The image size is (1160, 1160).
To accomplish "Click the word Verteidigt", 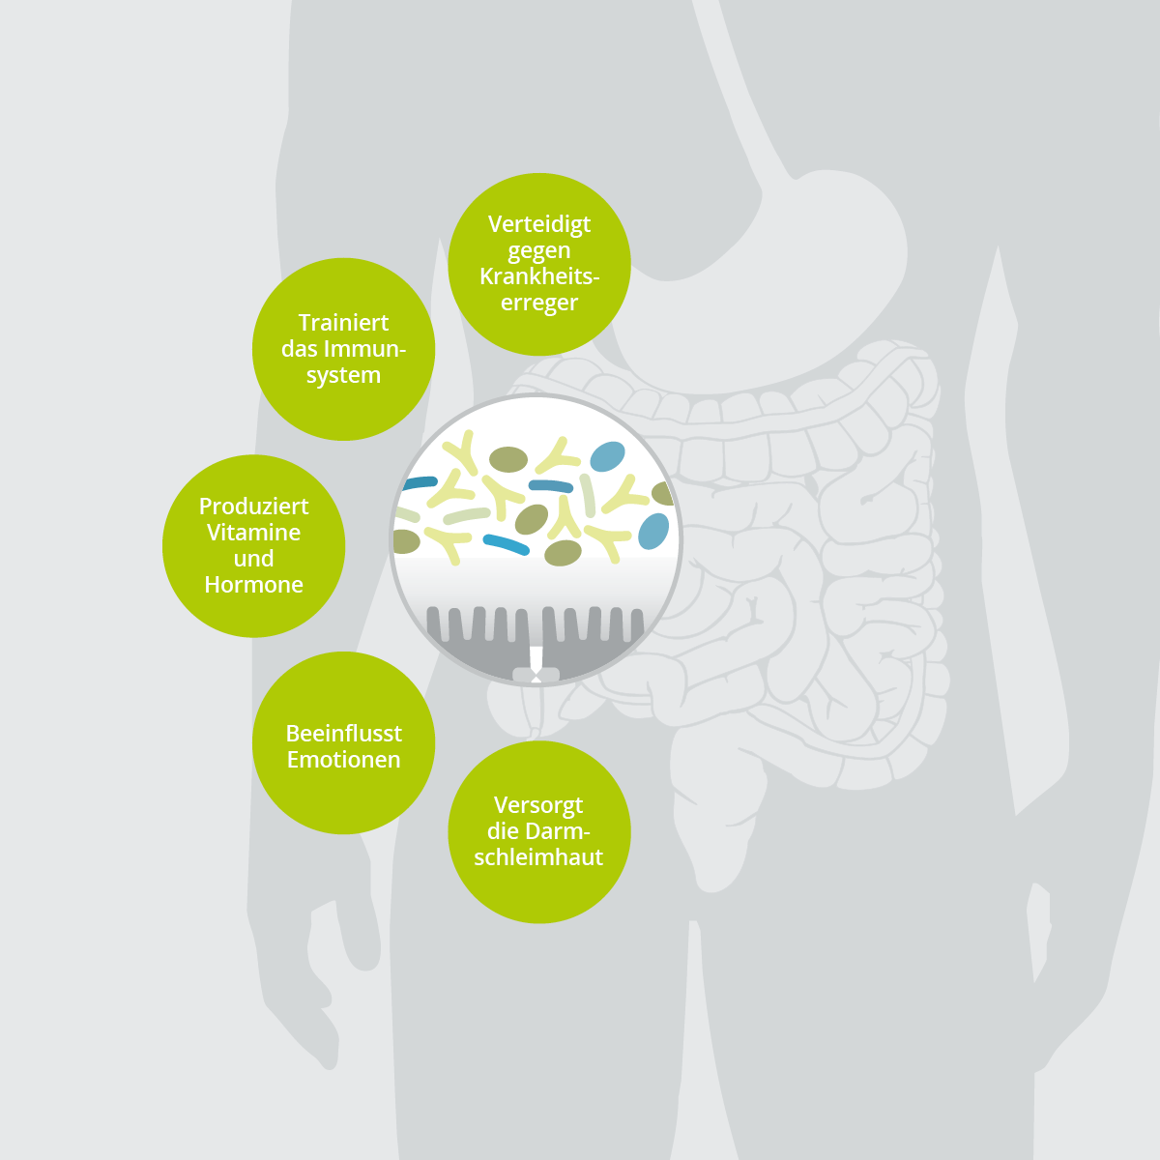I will point(538,224).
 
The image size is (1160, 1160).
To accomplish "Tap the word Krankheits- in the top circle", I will point(539,276).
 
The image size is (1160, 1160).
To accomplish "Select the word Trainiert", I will point(343,323).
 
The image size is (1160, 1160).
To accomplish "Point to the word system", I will point(343,375).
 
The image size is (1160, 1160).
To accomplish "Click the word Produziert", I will point(253,507).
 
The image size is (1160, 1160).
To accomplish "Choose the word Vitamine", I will point(253,533).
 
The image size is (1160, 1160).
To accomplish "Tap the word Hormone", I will point(253,585).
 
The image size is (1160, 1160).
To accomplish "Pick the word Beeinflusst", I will point(343,734).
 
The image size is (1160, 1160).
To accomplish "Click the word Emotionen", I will point(343,760).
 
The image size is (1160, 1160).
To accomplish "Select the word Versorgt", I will point(538,805).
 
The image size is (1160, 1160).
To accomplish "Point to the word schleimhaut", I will point(538,857).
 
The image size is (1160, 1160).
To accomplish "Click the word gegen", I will point(538,251).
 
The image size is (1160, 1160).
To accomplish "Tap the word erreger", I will point(538,303).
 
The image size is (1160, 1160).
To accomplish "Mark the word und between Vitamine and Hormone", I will point(253,559).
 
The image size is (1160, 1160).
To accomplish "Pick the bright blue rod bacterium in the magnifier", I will point(507,544).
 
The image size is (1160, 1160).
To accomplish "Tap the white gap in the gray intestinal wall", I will point(536,657).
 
